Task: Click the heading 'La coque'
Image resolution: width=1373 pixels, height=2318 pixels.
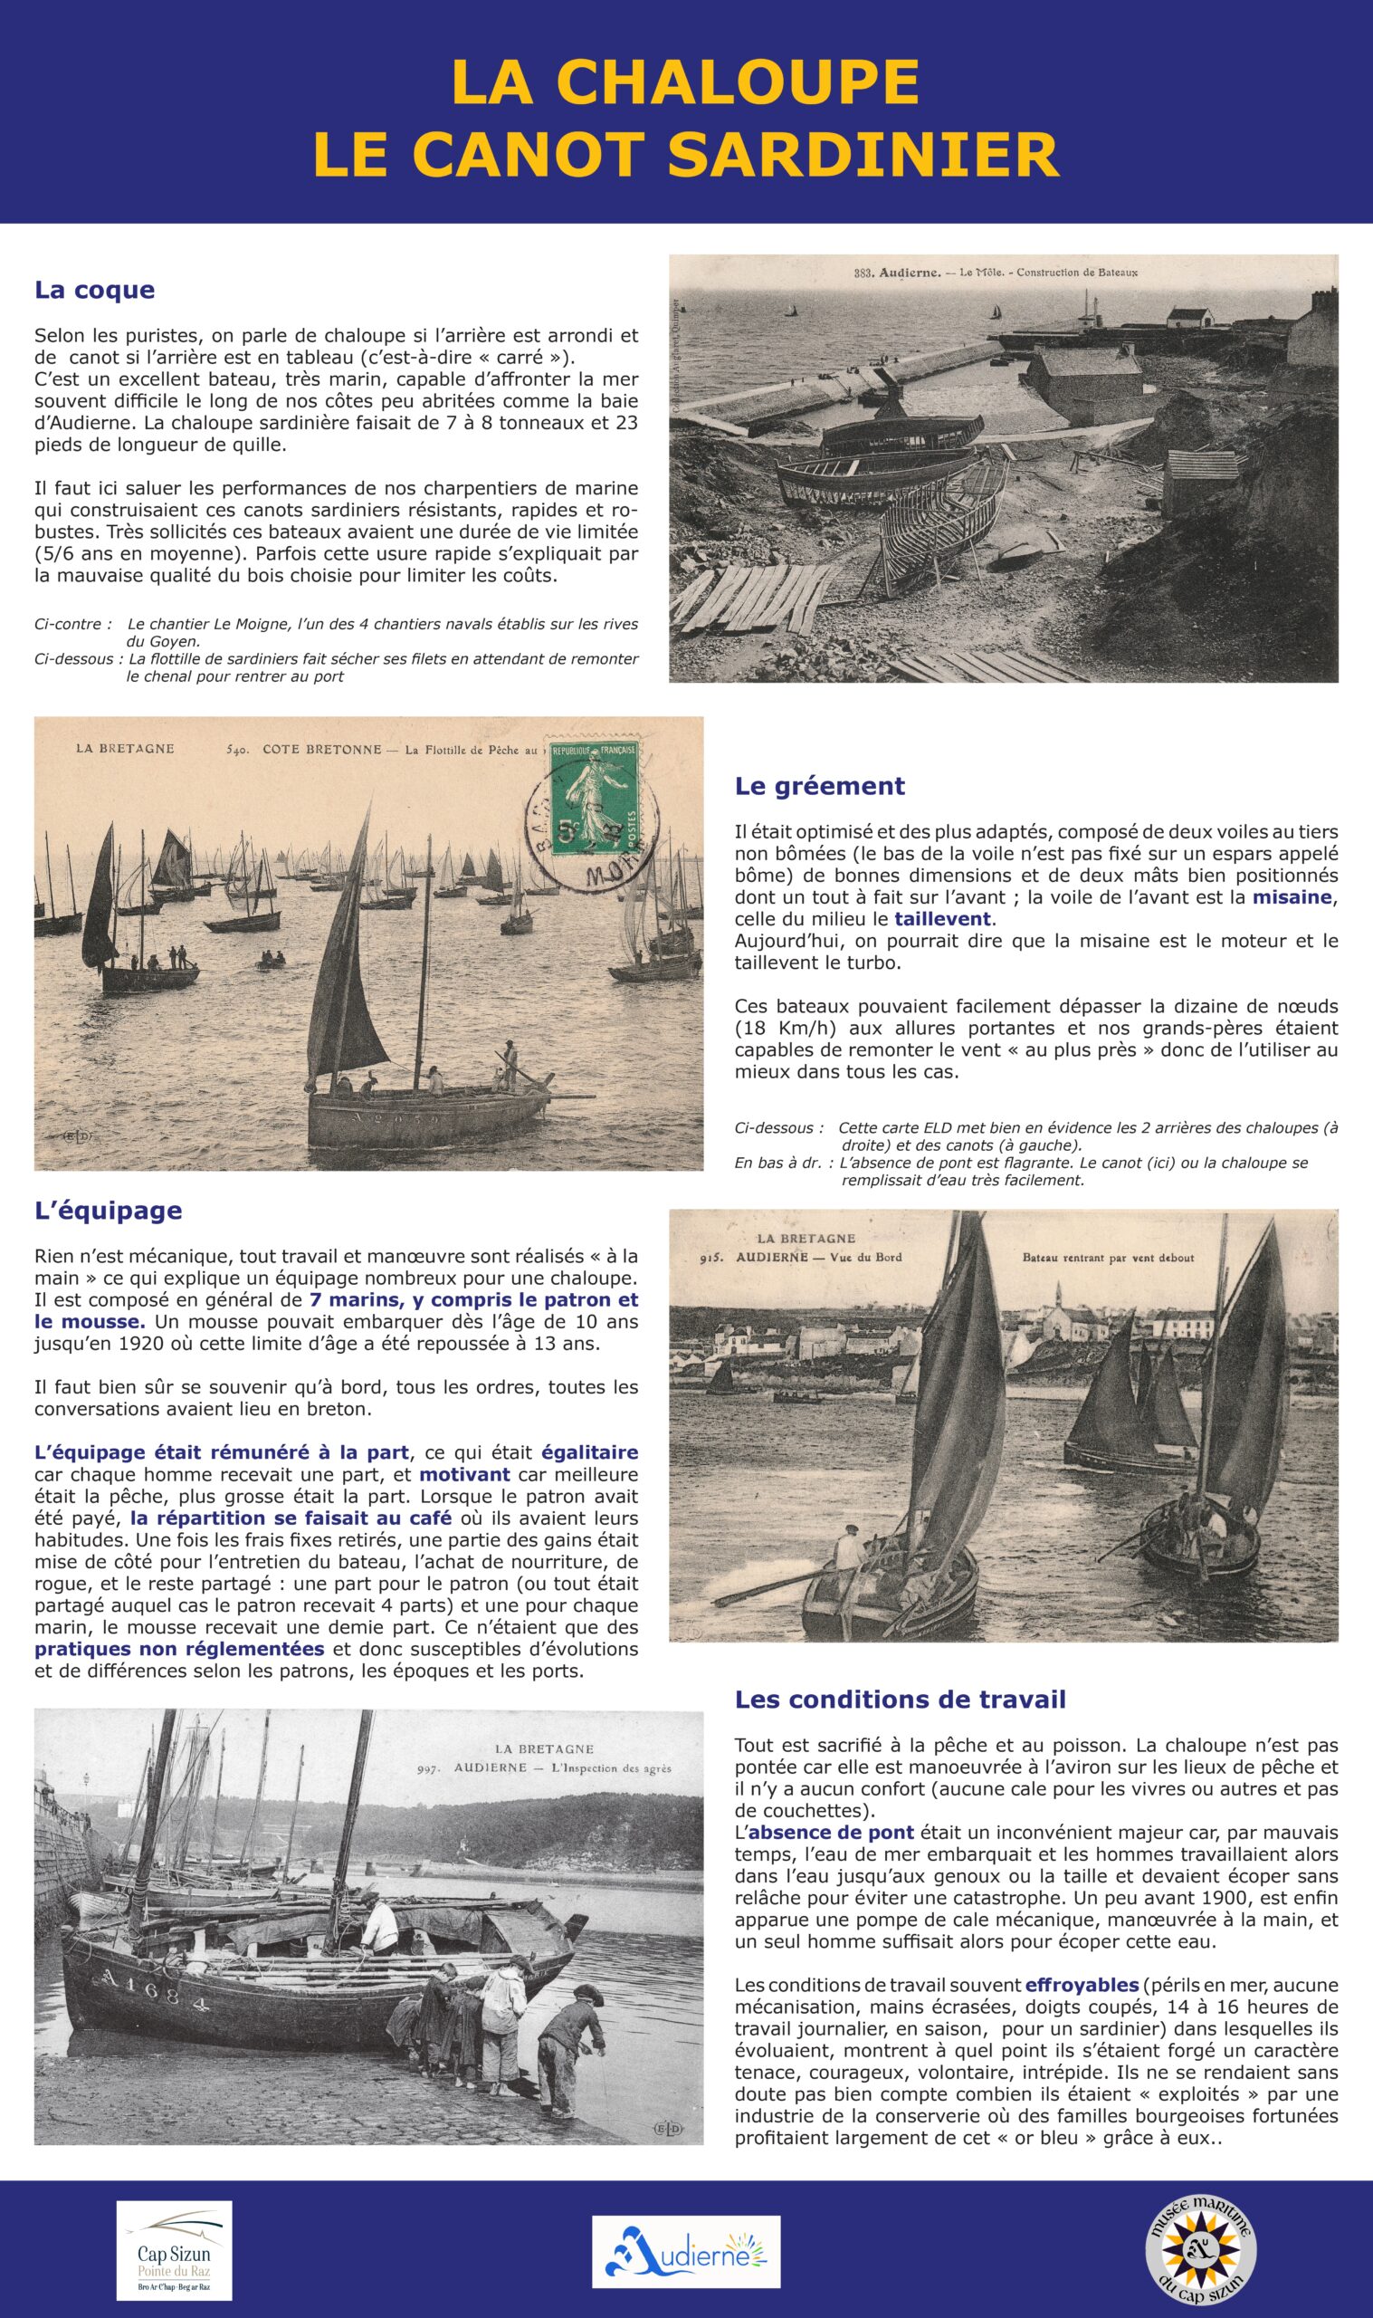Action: point(94,291)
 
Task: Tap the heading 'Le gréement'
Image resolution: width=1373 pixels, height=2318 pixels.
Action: point(819,787)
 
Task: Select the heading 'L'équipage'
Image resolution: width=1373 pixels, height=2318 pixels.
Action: point(108,1211)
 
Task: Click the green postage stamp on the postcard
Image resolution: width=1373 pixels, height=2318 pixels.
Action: point(593,799)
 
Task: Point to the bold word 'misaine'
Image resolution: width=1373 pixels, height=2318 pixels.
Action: point(1293,897)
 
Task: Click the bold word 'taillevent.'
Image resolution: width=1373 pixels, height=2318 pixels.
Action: point(943,920)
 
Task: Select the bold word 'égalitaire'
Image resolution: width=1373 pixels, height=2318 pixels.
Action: point(589,1452)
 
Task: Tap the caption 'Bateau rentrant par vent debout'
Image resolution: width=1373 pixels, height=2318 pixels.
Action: point(1108,1259)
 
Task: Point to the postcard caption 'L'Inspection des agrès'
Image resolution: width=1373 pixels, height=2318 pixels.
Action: point(611,1769)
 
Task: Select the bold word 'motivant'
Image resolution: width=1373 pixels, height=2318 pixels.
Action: point(464,1475)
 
